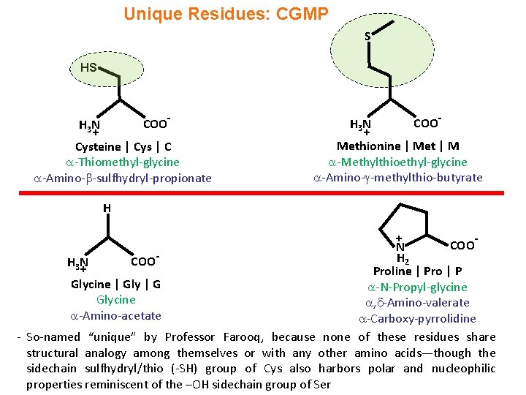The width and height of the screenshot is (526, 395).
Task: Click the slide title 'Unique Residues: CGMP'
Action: (226, 14)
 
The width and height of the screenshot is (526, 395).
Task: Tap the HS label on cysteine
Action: (88, 67)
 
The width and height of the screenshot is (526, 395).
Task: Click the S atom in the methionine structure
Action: (368, 35)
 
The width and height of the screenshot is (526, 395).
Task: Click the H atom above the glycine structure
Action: (107, 208)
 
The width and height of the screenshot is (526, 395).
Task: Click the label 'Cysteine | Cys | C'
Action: (123, 147)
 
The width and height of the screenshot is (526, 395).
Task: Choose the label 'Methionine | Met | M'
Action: (397, 146)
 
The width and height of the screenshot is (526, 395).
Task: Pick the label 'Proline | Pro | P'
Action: (417, 271)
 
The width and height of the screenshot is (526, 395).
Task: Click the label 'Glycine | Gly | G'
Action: (115, 284)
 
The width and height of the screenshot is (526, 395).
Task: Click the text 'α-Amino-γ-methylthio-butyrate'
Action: (397, 177)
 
